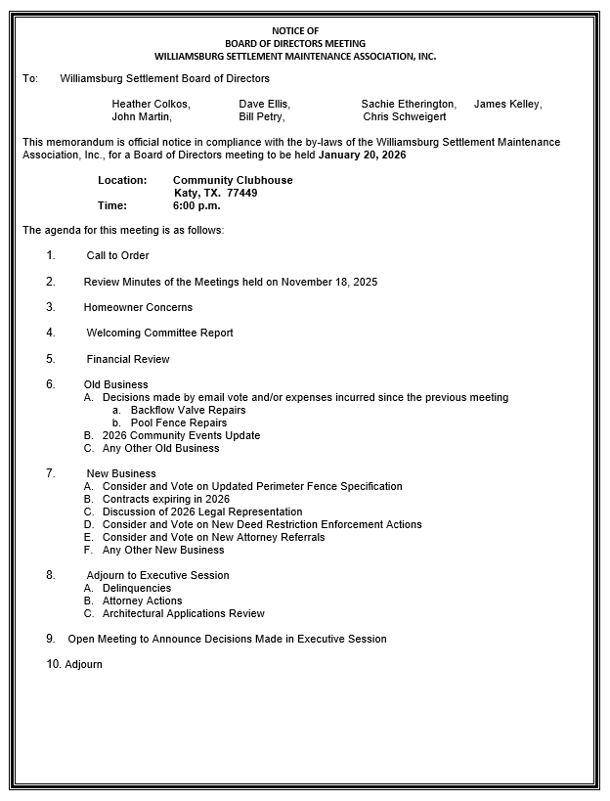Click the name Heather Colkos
[x=151, y=104]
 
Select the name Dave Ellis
[x=264, y=104]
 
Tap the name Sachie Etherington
[x=408, y=104]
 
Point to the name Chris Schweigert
[x=405, y=116]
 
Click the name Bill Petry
[x=261, y=116]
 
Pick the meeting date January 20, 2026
[x=362, y=155]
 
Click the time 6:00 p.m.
[x=196, y=205]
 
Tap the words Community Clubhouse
[x=233, y=180]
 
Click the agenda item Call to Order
[x=117, y=255]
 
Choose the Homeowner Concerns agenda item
[x=138, y=307]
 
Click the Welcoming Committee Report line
[x=159, y=333]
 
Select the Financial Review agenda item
[x=128, y=359]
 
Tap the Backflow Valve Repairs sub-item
[x=188, y=411]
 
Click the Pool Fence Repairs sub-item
[x=178, y=423]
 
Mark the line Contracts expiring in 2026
[x=166, y=499]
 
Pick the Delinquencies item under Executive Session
[x=137, y=588]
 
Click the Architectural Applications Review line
[x=184, y=613]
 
